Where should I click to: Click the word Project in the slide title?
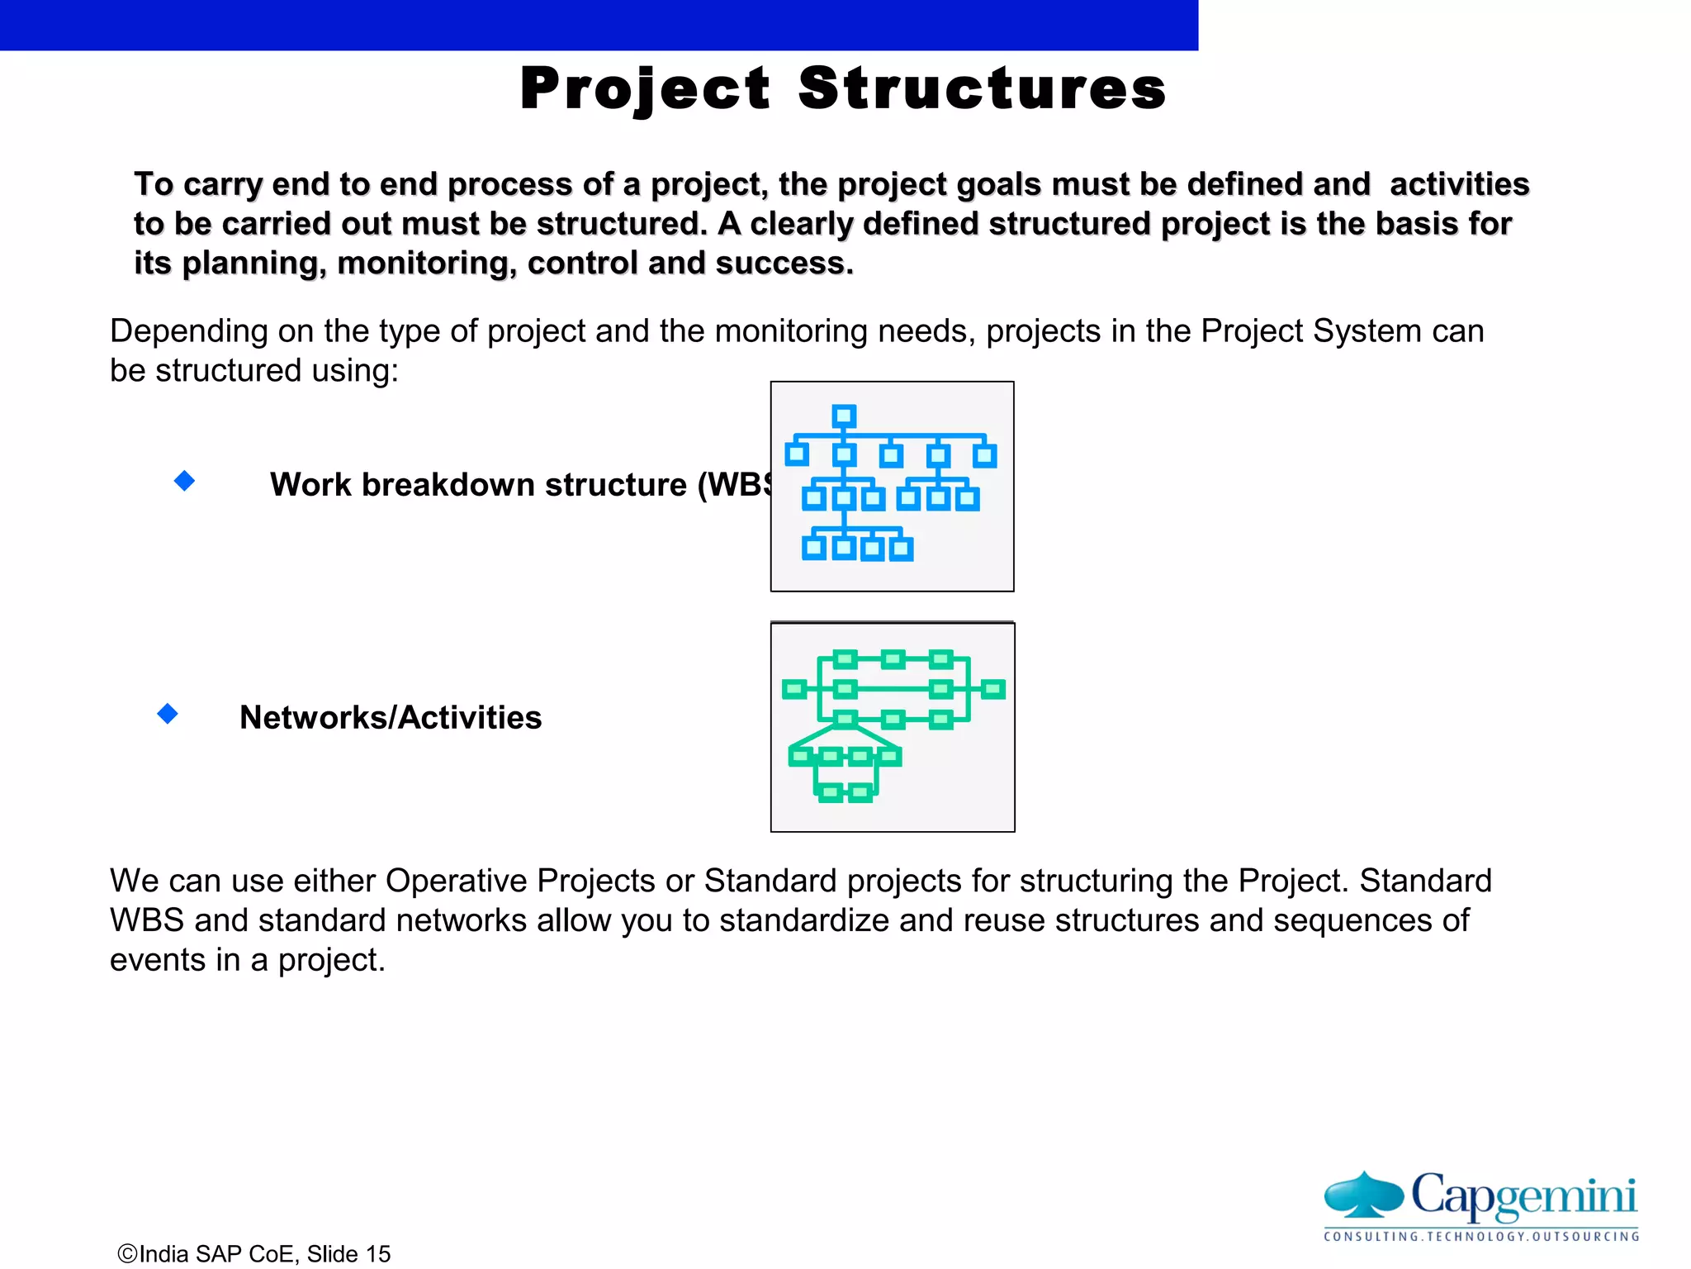645,89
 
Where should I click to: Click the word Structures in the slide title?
983,89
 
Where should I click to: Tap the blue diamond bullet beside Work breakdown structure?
185,481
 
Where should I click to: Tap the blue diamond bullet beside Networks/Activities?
168,714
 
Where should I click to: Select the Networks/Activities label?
391,717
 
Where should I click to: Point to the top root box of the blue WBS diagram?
844,416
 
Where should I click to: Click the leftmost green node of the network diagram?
794,689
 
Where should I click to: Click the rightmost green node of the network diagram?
993,689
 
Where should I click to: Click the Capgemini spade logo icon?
1363,1195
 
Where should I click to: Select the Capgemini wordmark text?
1523,1196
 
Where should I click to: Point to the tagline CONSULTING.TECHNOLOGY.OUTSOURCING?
1481,1237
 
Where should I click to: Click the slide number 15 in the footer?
378,1254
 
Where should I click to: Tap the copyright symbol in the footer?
128,1254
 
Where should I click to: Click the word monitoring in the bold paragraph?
427,264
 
